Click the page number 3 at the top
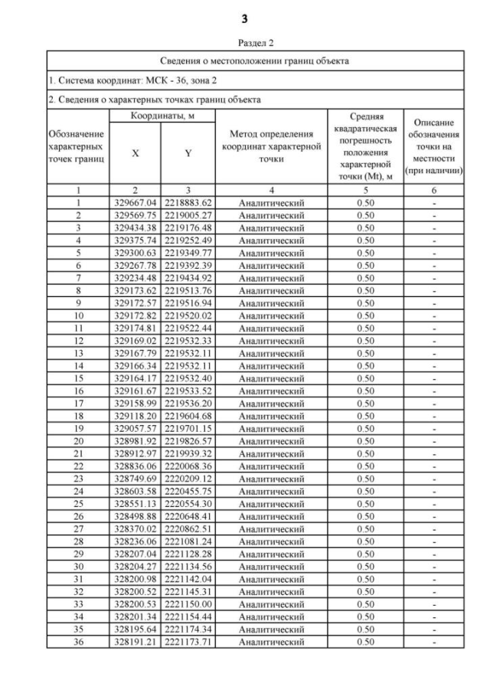[x=245, y=18]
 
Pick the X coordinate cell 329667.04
[x=134, y=203]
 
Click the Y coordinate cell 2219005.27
[x=187, y=215]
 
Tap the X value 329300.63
[x=134, y=253]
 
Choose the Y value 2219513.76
[x=187, y=290]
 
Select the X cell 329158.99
[x=134, y=403]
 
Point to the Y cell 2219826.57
[x=187, y=441]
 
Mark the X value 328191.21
[x=134, y=642]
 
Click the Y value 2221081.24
[x=187, y=541]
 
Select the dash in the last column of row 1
[x=433, y=203]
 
